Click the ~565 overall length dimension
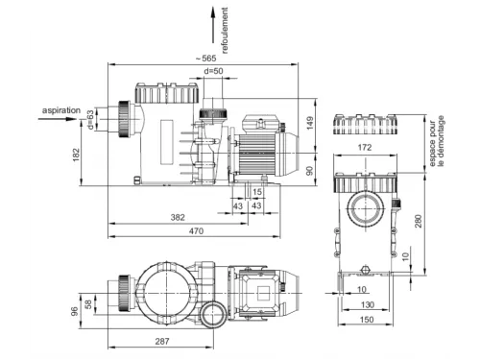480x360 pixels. [206, 59]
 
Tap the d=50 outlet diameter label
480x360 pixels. [214, 71]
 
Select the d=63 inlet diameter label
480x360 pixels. [91, 120]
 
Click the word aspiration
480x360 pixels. [61, 110]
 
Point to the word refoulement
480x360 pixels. [225, 31]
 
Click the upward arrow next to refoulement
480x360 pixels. [213, 25]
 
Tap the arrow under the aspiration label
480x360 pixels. [58, 119]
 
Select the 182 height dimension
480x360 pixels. [76, 155]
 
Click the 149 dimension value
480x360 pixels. [310, 123]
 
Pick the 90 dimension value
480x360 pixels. [310, 171]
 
